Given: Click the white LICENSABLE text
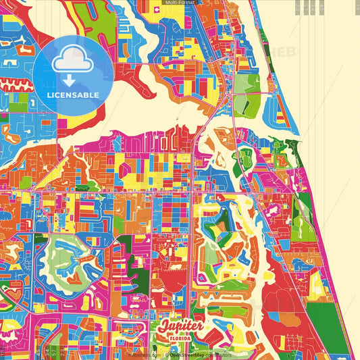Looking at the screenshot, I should click(72, 95).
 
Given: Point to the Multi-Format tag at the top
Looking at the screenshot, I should click(180, 3).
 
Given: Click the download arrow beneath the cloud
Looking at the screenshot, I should click(72, 81).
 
